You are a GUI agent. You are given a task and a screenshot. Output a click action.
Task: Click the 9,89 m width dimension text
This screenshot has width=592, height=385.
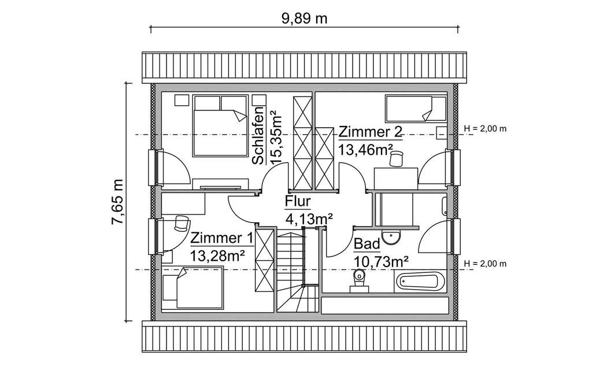click(x=304, y=18)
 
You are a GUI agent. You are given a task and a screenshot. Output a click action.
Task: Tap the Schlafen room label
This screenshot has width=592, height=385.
click(x=258, y=134)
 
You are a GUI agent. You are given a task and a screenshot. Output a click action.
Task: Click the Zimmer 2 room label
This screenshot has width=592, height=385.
click(x=369, y=131)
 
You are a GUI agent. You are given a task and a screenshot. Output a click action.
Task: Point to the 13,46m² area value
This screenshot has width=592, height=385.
click(x=362, y=150)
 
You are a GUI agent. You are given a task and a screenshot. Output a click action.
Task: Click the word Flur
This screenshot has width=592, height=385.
click(x=298, y=201)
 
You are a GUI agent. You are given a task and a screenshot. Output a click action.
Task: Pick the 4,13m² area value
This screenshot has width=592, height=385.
click(x=309, y=219)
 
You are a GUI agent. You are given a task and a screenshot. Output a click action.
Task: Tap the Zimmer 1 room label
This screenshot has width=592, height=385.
click(x=221, y=238)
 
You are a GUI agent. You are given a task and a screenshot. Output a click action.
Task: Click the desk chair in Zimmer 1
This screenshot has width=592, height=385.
click(x=182, y=223)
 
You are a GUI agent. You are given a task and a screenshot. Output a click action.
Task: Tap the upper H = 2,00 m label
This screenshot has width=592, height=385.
click(x=485, y=128)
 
